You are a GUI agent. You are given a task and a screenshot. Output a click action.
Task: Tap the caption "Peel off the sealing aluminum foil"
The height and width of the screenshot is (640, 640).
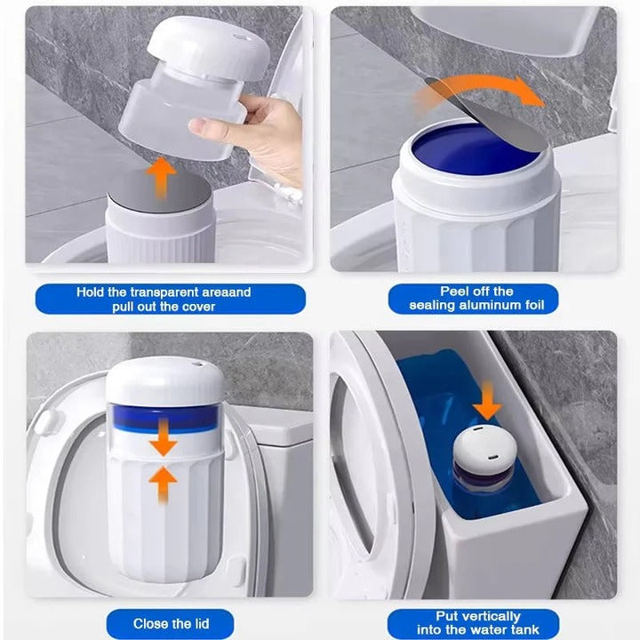click(476, 298)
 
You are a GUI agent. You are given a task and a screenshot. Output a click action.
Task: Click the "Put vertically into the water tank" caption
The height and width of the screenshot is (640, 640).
click(476, 623)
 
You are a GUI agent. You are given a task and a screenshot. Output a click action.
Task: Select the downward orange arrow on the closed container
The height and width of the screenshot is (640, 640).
click(163, 438)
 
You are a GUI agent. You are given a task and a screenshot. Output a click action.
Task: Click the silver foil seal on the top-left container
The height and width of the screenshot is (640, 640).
click(159, 190)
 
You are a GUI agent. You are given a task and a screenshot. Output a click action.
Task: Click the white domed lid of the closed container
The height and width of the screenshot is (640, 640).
click(164, 378)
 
